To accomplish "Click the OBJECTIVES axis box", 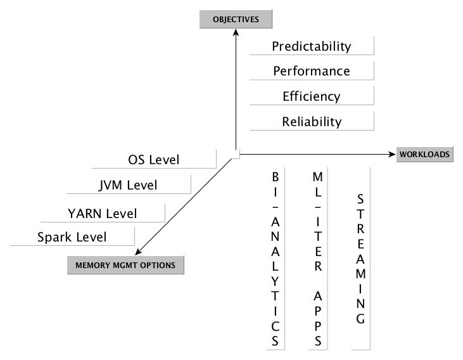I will pyautogui.click(x=236, y=20).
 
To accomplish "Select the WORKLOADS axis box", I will pyautogui.click(x=424, y=154).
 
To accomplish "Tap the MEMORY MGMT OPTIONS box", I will pyautogui.click(x=125, y=265).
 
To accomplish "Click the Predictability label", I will pyautogui.click(x=311, y=46).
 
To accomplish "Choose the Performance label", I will pyautogui.click(x=311, y=71).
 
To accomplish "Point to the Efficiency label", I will pyautogui.click(x=311, y=96).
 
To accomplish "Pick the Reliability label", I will pyautogui.click(x=311, y=122).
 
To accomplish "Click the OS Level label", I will pyautogui.click(x=153, y=160).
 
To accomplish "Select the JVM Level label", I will pyautogui.click(x=128, y=186).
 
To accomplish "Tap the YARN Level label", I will pyautogui.click(x=102, y=214).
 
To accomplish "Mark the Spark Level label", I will pyautogui.click(x=72, y=238).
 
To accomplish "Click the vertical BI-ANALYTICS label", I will pyautogui.click(x=275, y=258).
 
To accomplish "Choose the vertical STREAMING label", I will pyautogui.click(x=360, y=258).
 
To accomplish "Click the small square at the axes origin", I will pyautogui.click(x=235, y=154).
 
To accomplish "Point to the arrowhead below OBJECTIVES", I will pyautogui.click(x=236, y=32).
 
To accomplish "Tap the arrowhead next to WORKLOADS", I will pyautogui.click(x=390, y=153).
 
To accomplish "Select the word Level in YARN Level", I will pyautogui.click(x=121, y=214).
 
